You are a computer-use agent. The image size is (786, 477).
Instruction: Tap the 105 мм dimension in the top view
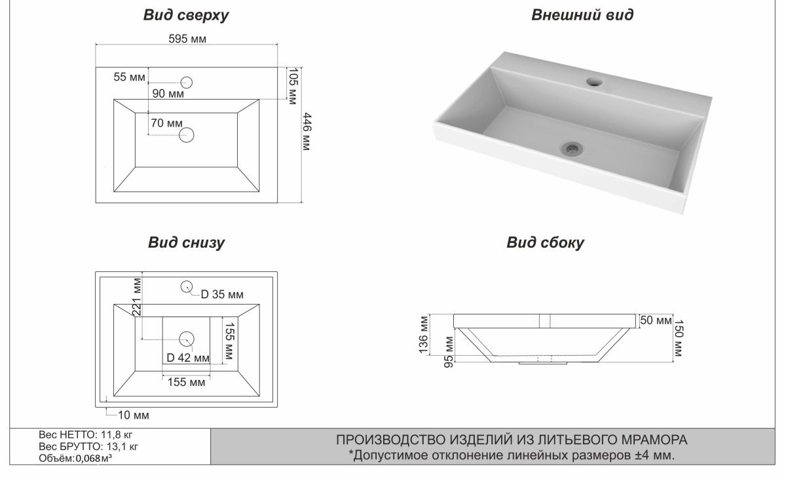point(293,85)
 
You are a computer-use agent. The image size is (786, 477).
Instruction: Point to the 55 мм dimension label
point(128,77)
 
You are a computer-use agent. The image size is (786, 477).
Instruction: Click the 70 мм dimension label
point(166,123)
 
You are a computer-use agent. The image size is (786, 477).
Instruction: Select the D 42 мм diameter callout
point(188,358)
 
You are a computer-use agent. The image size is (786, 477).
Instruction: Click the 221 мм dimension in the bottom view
point(138,298)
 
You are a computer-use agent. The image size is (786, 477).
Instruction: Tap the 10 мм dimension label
point(134,415)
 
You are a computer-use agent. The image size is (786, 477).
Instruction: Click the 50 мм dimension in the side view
point(656,320)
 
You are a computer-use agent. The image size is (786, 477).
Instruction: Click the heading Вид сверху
point(186,16)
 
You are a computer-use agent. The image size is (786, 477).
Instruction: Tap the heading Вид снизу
point(186,242)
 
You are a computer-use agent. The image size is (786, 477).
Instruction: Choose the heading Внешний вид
point(582,16)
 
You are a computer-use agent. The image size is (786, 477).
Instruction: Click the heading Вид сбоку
point(545,242)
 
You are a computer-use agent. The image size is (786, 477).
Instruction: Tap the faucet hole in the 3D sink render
point(595,82)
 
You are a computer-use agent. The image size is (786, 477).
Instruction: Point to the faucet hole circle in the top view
point(187,83)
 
